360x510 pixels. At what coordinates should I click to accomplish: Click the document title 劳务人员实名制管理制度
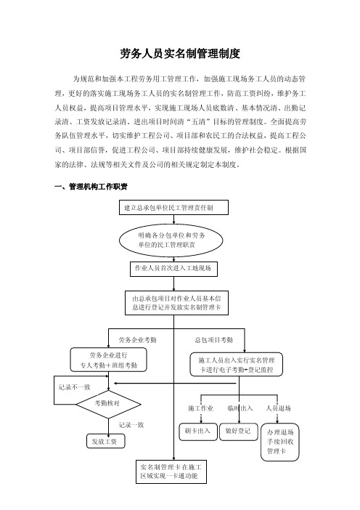tap(180, 54)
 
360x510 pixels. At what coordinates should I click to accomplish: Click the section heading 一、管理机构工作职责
tap(91, 187)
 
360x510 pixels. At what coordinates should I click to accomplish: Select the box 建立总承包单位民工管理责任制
tap(173, 208)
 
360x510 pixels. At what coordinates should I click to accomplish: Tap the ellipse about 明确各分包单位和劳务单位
tap(171, 240)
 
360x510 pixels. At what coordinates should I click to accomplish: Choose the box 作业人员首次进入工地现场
tap(173, 269)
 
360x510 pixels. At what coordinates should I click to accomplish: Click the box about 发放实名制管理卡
tap(176, 303)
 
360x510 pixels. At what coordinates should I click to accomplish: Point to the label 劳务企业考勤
tap(137, 340)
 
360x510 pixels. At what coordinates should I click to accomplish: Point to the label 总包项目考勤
tap(214, 340)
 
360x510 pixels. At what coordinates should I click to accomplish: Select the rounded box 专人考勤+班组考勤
tap(109, 360)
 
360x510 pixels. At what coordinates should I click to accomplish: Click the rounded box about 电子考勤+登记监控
tap(236, 365)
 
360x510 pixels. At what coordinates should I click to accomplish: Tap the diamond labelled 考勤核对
tap(108, 404)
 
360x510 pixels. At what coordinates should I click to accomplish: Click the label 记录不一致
tap(75, 387)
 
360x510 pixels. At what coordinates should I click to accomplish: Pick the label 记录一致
tap(131, 425)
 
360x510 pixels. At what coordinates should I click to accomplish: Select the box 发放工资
tap(106, 442)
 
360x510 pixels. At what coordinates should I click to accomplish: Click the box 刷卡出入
tap(198, 432)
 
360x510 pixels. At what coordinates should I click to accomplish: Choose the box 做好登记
tap(239, 432)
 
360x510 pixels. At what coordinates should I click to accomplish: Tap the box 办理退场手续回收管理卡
tap(279, 442)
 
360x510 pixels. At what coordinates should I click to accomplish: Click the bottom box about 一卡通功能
tap(171, 471)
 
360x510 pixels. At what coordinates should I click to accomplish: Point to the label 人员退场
tap(279, 408)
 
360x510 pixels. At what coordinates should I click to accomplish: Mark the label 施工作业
tap(200, 408)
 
